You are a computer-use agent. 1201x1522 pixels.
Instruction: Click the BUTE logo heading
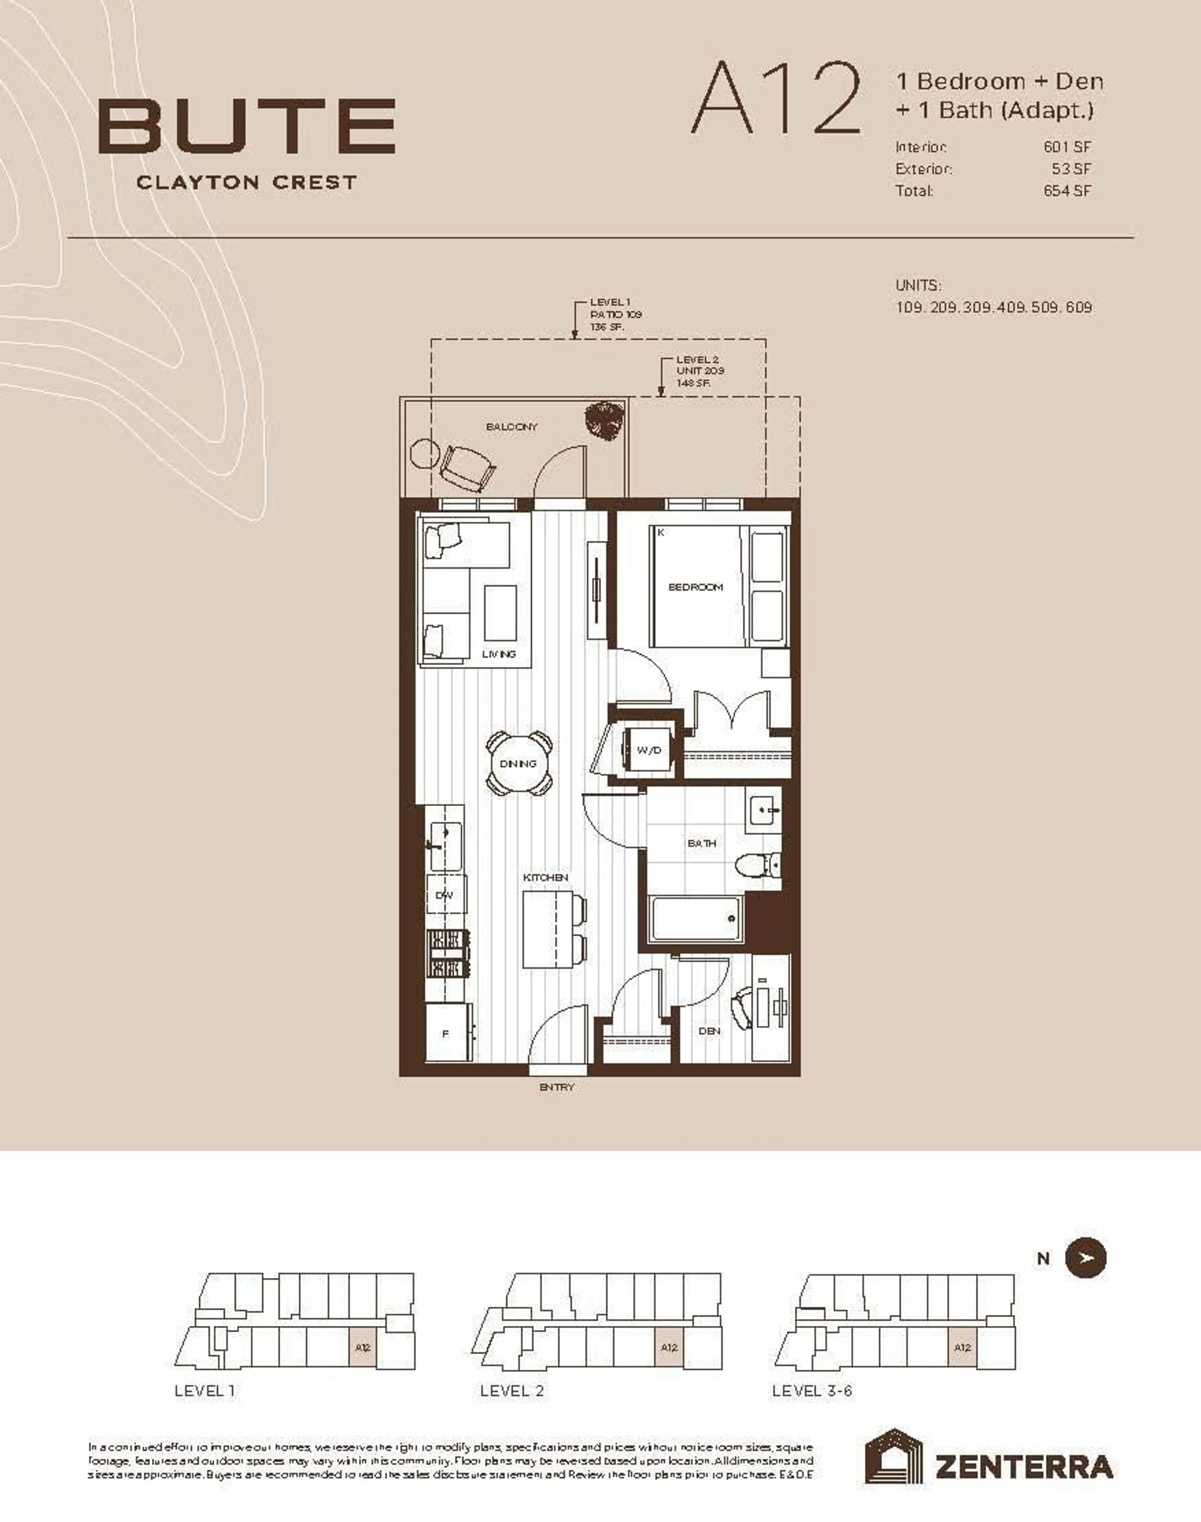click(x=246, y=127)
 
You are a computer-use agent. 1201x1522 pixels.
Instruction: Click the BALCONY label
click(x=511, y=427)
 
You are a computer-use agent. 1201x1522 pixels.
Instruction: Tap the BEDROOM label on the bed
click(x=695, y=587)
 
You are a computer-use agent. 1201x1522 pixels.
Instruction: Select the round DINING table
click(x=519, y=763)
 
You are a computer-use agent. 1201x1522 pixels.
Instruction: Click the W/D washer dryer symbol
click(x=648, y=750)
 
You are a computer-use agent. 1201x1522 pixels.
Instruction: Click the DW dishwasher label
click(x=444, y=895)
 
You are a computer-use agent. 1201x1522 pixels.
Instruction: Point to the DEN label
click(x=709, y=1031)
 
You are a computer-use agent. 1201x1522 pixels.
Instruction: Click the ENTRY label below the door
click(x=557, y=1087)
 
